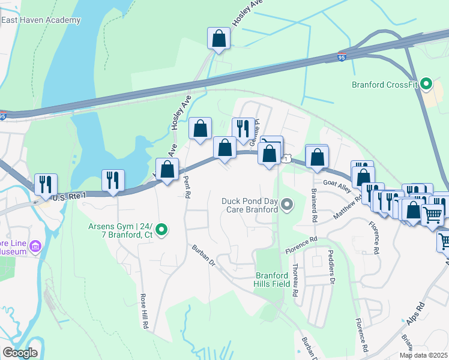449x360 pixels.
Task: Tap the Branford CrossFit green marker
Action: [426, 84]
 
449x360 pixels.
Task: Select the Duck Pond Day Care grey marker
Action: [287, 206]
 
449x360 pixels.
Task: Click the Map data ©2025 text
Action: [423, 355]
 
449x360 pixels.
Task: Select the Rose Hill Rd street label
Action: [144, 311]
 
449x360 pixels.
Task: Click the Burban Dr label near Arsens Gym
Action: [204, 254]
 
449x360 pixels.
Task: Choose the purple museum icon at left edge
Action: [35, 245]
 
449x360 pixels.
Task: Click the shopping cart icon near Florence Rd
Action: [432, 214]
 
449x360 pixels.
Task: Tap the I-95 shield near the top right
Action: [341, 57]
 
